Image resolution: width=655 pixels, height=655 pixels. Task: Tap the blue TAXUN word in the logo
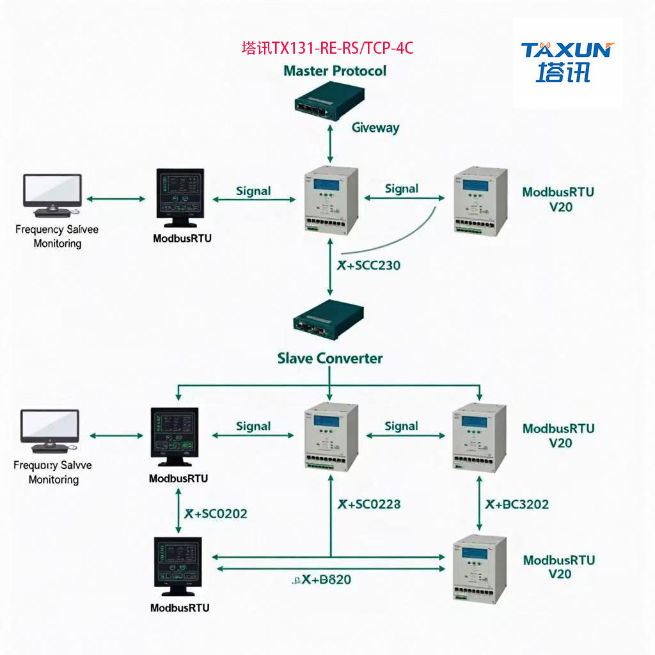tap(566, 50)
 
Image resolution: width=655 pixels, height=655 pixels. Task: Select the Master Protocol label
tap(335, 70)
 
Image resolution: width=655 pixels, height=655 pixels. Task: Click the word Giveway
tap(375, 127)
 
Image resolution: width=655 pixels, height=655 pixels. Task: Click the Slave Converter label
tap(329, 358)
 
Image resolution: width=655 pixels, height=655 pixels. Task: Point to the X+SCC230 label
tap(368, 265)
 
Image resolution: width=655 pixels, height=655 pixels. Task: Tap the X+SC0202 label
tap(216, 513)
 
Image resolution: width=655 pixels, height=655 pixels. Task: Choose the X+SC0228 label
tap(369, 504)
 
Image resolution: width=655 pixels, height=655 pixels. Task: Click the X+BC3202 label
tap(517, 504)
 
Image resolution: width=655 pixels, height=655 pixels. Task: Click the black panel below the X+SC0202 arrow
tap(178, 566)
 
